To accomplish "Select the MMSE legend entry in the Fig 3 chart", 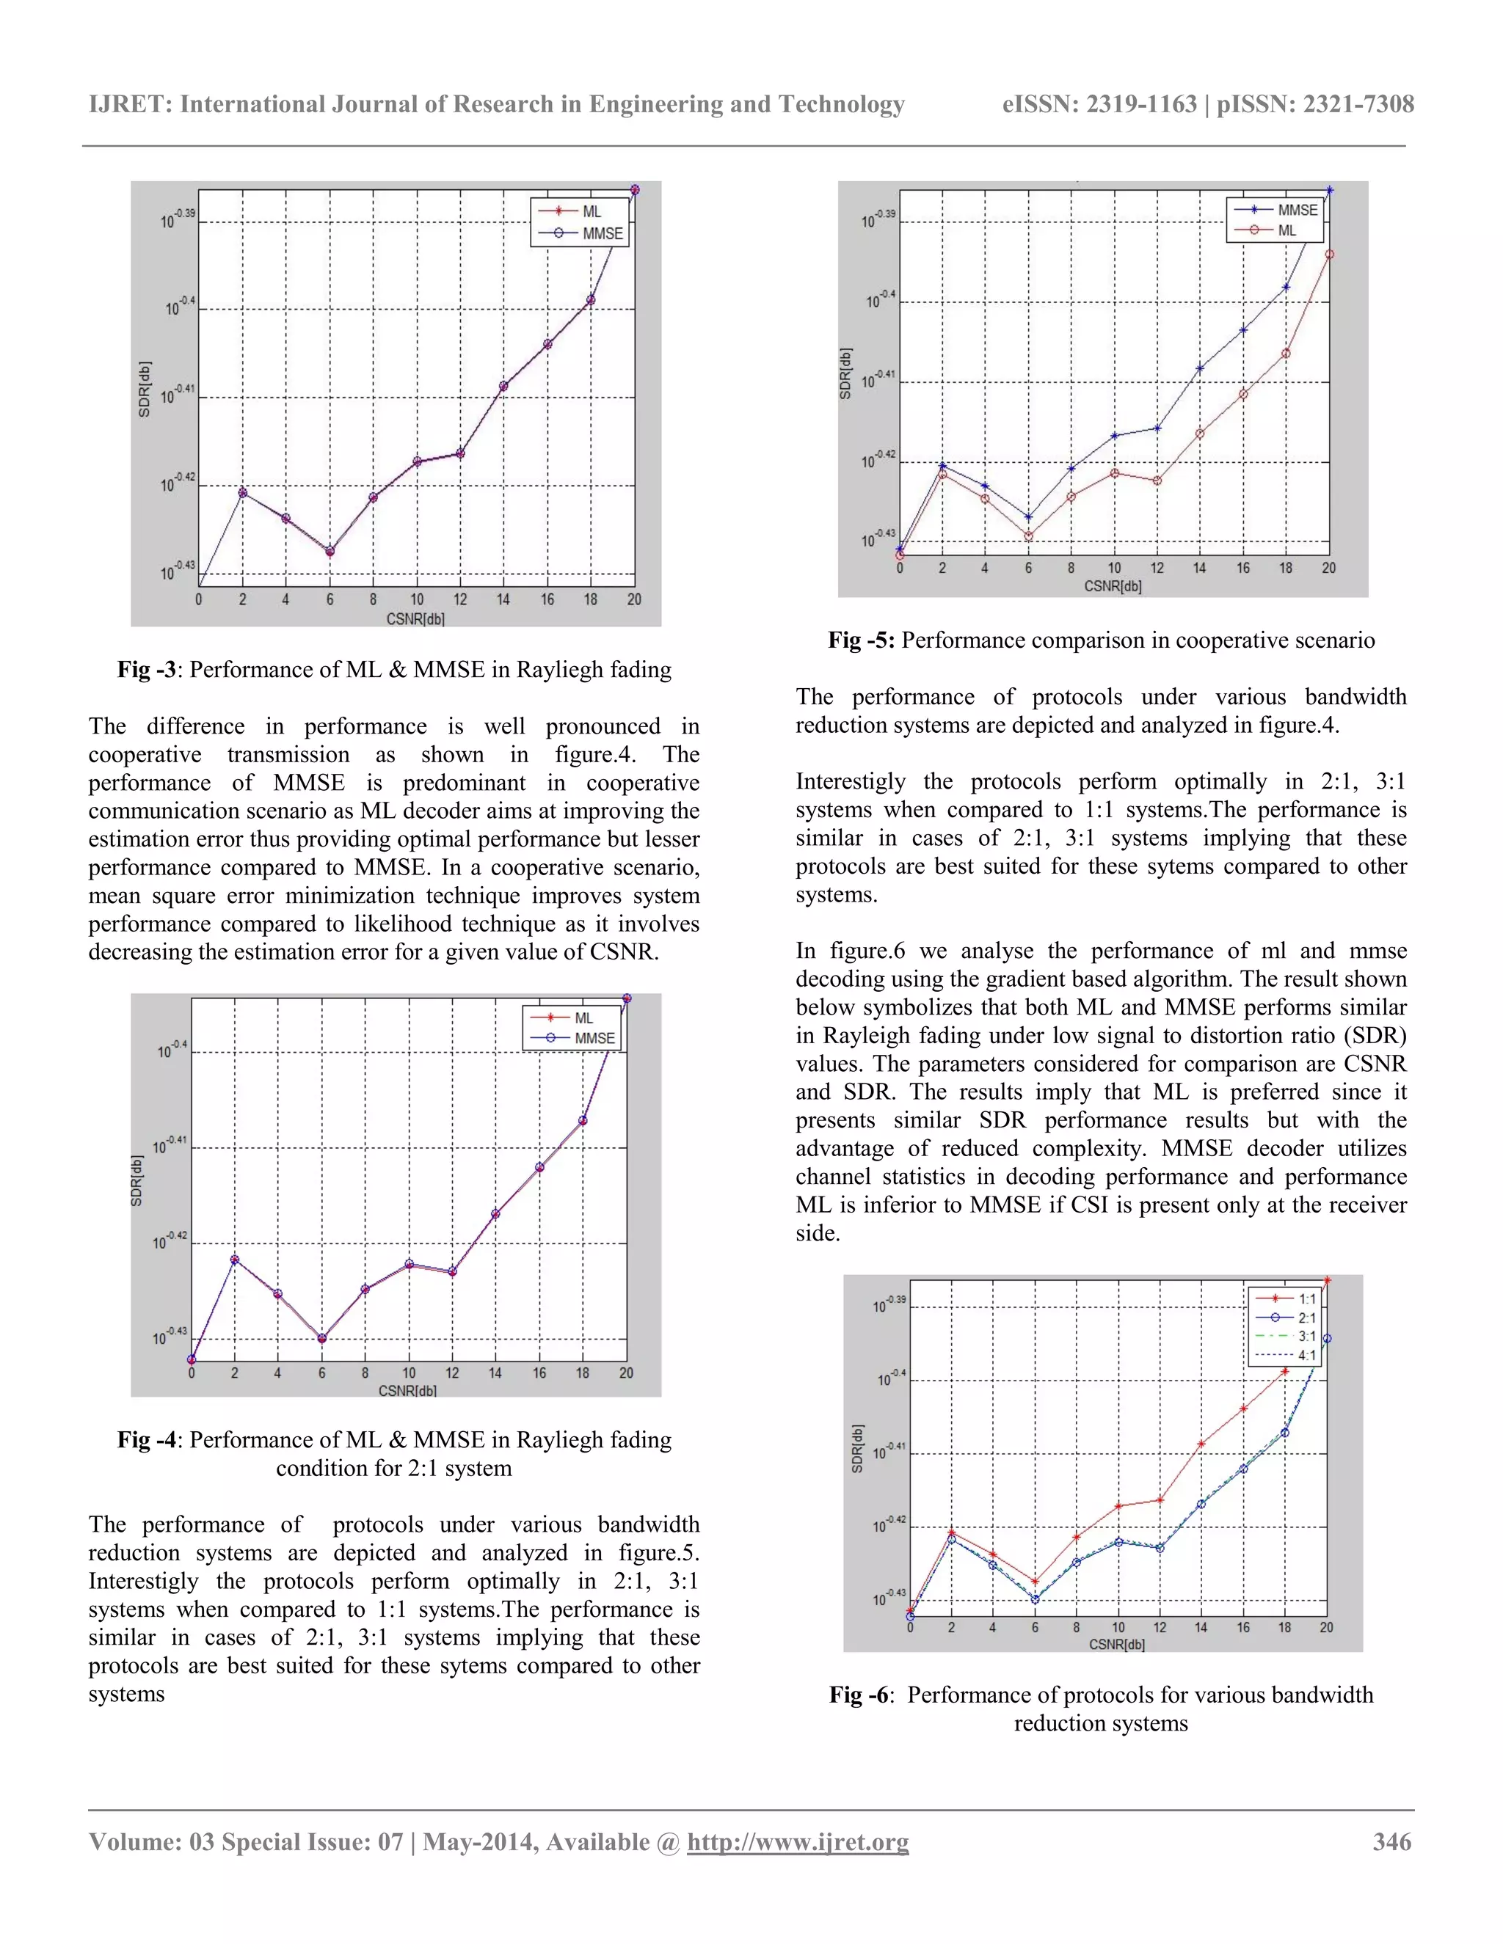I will click(602, 233).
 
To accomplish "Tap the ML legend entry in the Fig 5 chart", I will click(1287, 230).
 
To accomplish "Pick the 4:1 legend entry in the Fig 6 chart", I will click(1306, 1356).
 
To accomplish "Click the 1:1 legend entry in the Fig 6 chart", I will click(1306, 1298).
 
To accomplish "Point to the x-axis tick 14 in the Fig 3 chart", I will click(503, 600).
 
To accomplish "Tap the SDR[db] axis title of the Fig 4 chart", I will click(137, 1180).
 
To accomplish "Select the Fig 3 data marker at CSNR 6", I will click(330, 552).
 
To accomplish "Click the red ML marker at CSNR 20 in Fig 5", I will click(1329, 255).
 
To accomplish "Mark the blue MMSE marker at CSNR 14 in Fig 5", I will click(1200, 368).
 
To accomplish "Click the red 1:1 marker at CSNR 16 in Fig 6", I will click(1243, 1408).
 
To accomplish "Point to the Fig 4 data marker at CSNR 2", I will click(234, 1260).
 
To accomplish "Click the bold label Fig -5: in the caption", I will click(860, 640).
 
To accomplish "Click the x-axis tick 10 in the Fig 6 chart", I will click(1118, 1627).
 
